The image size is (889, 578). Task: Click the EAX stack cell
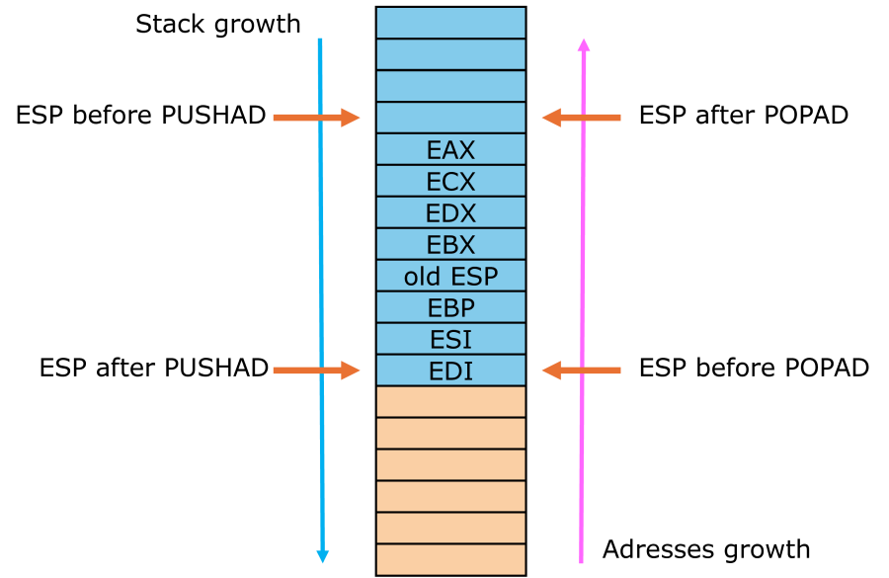click(450, 150)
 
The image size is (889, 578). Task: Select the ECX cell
click(450, 182)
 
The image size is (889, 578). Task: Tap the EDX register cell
click(450, 213)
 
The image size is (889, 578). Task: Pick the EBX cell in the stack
click(450, 245)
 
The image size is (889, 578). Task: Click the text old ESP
click(450, 276)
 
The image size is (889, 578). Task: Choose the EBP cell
click(450, 307)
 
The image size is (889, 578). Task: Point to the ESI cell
click(450, 339)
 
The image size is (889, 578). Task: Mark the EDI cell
click(450, 371)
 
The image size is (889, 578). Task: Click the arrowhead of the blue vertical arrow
click(322, 556)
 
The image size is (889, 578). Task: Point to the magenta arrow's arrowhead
click(584, 44)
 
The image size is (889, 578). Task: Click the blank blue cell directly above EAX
click(450, 118)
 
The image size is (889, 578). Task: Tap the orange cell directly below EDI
click(450, 402)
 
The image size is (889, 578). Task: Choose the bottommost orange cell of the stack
click(450, 559)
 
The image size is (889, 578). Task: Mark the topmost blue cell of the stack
click(450, 23)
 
